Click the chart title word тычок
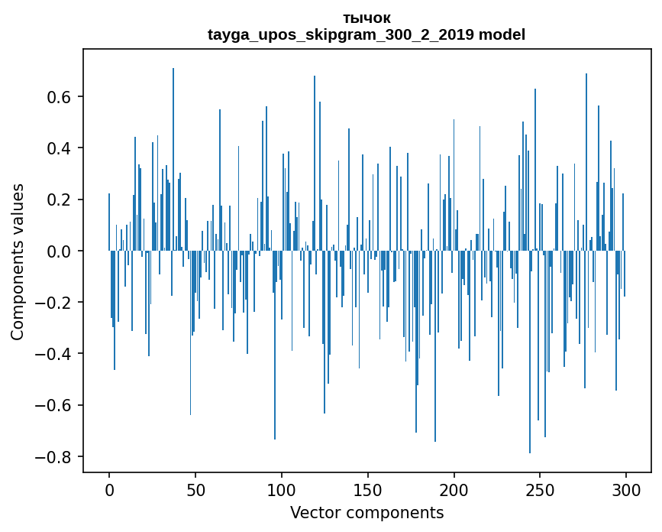tap(367, 18)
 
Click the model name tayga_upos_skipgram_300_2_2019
tap(341, 34)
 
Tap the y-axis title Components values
tap(18, 262)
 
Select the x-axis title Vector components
tap(367, 513)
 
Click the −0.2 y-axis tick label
tap(54, 303)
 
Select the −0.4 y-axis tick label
tap(54, 354)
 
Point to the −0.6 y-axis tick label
tap(54, 406)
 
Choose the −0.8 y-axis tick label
tap(54, 457)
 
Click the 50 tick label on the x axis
tap(195, 491)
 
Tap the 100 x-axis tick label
tap(282, 491)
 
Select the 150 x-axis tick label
tap(368, 491)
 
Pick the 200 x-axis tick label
tap(454, 491)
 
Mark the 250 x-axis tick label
tap(540, 491)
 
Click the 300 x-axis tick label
tap(626, 491)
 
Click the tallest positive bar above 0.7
tap(173, 159)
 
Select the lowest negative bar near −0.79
tap(530, 352)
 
